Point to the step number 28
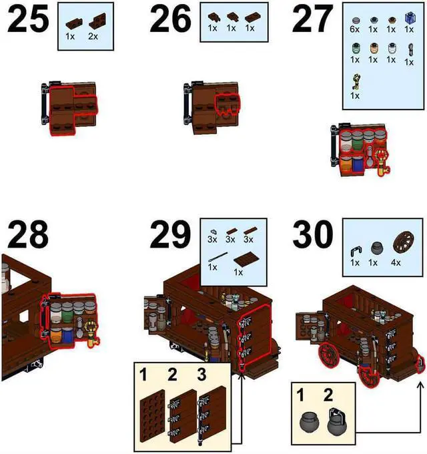(29, 235)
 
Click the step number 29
(171, 235)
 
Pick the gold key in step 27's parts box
(356, 82)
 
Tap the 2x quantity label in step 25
(92, 36)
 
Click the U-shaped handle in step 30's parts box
(355, 250)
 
